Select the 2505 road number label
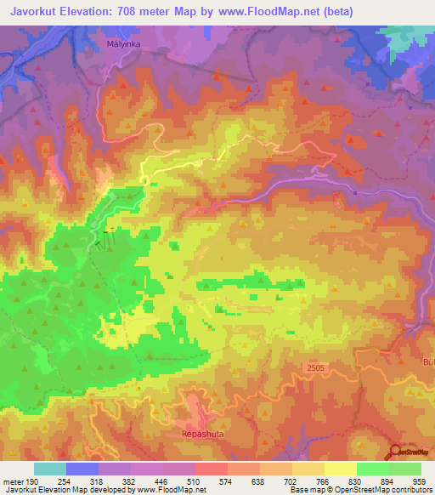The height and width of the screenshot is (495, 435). pos(315,367)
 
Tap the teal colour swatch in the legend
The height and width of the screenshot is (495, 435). pos(50,469)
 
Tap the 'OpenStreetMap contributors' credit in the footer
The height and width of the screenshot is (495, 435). pos(380,489)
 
